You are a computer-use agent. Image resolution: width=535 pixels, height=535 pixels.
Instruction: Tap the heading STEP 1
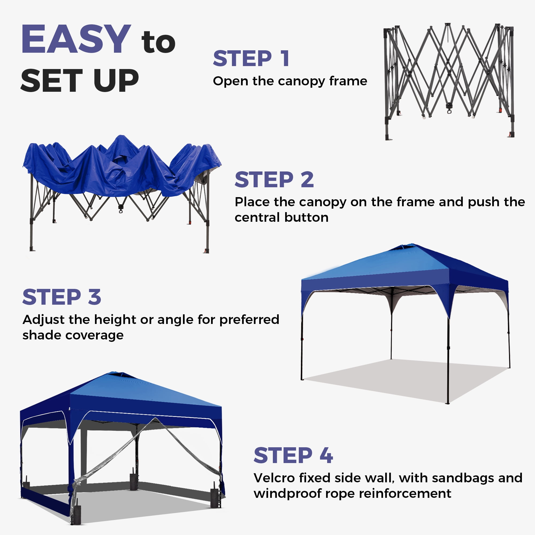click(251, 58)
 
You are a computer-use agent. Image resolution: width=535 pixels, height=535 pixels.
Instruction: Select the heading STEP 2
click(274, 179)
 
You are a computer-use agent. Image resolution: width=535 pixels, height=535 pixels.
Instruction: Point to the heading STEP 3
click(62, 297)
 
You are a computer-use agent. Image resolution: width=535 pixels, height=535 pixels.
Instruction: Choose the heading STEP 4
click(293, 455)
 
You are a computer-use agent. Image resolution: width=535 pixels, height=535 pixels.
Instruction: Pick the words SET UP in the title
click(80, 80)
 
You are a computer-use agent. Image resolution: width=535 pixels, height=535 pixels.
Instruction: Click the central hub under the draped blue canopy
click(121, 208)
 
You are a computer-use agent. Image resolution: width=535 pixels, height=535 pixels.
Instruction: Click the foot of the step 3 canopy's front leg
click(448, 403)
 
